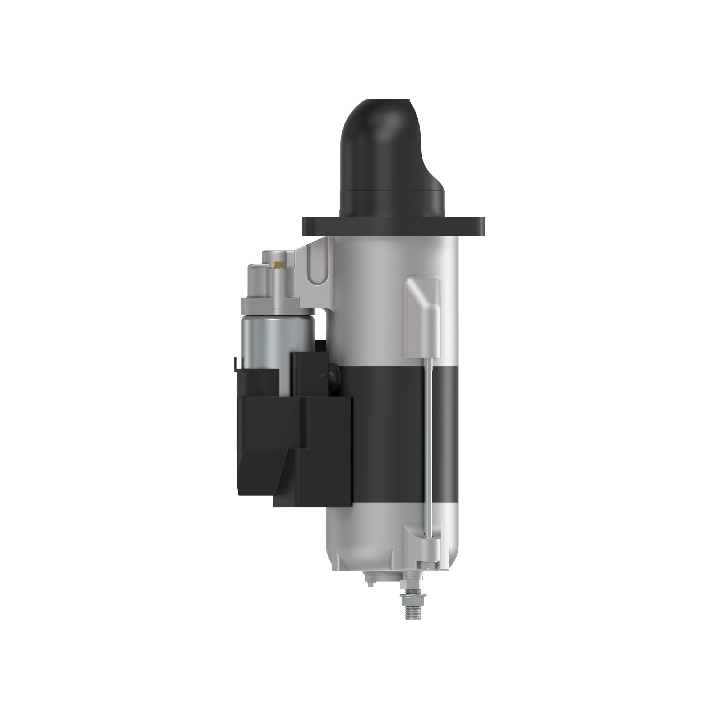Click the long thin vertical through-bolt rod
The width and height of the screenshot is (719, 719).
click(x=430, y=428)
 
